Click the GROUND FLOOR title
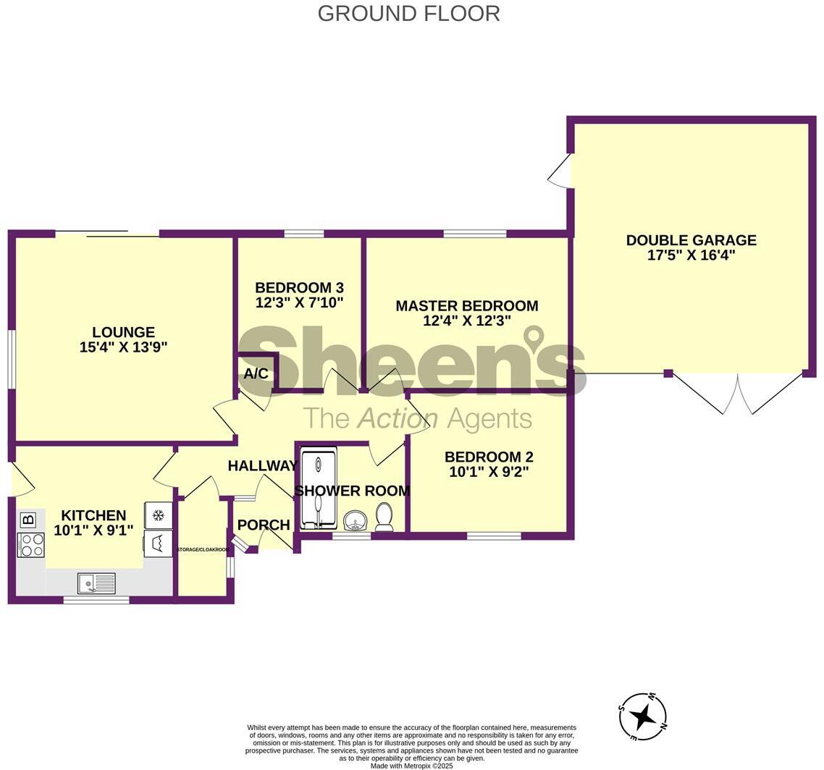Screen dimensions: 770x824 pyautogui.click(x=408, y=14)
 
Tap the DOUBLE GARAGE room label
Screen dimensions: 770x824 pyautogui.click(x=691, y=240)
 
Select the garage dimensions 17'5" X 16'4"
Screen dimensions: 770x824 pyautogui.click(x=691, y=255)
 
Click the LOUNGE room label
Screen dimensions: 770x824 pyautogui.click(x=123, y=332)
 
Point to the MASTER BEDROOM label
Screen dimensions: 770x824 pyautogui.click(x=466, y=306)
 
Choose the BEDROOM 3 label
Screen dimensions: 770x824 pyautogui.click(x=299, y=287)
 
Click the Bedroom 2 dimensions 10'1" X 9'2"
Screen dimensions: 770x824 pyautogui.click(x=488, y=472)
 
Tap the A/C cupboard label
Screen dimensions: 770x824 pyautogui.click(x=256, y=374)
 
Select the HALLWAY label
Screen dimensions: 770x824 pyautogui.click(x=262, y=466)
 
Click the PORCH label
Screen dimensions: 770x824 pyautogui.click(x=264, y=525)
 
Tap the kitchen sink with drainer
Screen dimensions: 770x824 pyautogui.click(x=96, y=583)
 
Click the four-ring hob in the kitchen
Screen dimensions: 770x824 pyautogui.click(x=30, y=545)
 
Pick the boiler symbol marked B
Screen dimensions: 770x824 pyautogui.click(x=28, y=520)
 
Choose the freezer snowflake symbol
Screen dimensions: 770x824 pyautogui.click(x=158, y=515)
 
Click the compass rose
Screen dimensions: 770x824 pyautogui.click(x=642, y=717)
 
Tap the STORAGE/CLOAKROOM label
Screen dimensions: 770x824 pyautogui.click(x=203, y=550)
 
